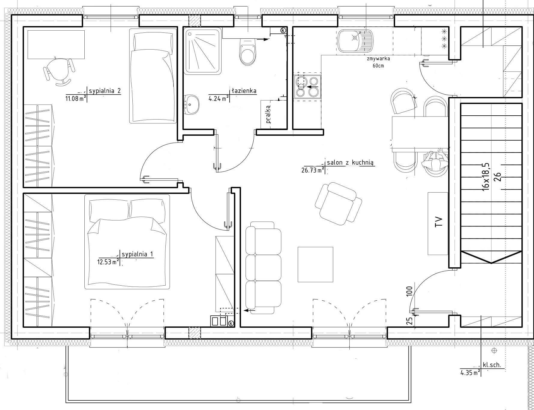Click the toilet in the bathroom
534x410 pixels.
tap(248, 53)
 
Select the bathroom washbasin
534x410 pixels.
tap(191, 105)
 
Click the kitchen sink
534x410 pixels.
tap(355, 41)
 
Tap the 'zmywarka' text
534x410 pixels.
tap(378, 59)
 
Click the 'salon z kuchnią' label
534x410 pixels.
tap(350, 163)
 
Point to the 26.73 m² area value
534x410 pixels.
tap(312, 170)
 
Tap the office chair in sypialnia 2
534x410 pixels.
tap(59, 71)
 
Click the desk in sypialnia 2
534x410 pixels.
tap(56, 44)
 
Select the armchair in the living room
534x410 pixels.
tap(338, 204)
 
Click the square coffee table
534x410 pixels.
tap(315, 264)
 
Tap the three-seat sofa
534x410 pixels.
tap(263, 268)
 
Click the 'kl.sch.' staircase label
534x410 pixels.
tap(492, 365)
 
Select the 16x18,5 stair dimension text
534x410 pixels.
tap(485, 177)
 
